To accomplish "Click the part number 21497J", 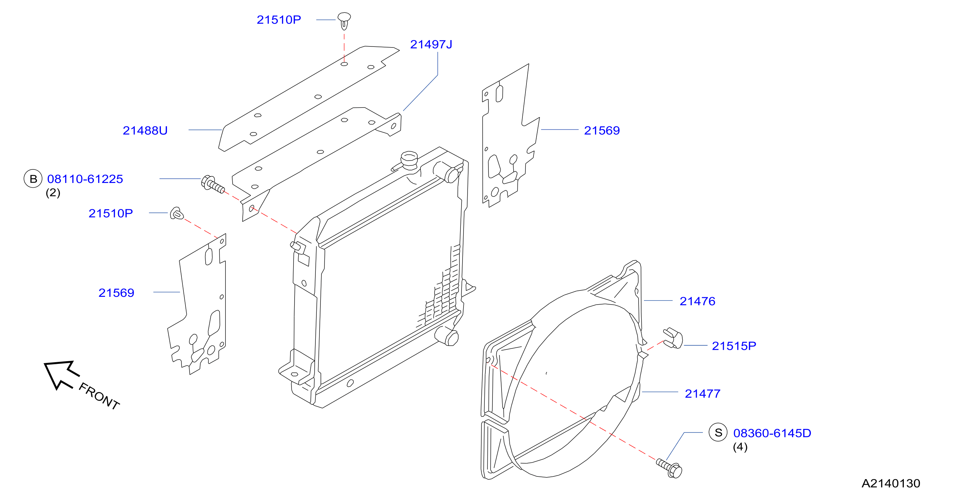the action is point(431,44).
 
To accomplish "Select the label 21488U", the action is point(145,130).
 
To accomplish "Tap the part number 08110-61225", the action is point(85,179).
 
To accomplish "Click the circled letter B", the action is point(33,179).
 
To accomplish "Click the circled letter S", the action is point(718,433).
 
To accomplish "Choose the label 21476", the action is point(697,302).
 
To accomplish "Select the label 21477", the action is point(703,394).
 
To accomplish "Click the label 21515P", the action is point(734,346).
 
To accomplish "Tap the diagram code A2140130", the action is point(891,483).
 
